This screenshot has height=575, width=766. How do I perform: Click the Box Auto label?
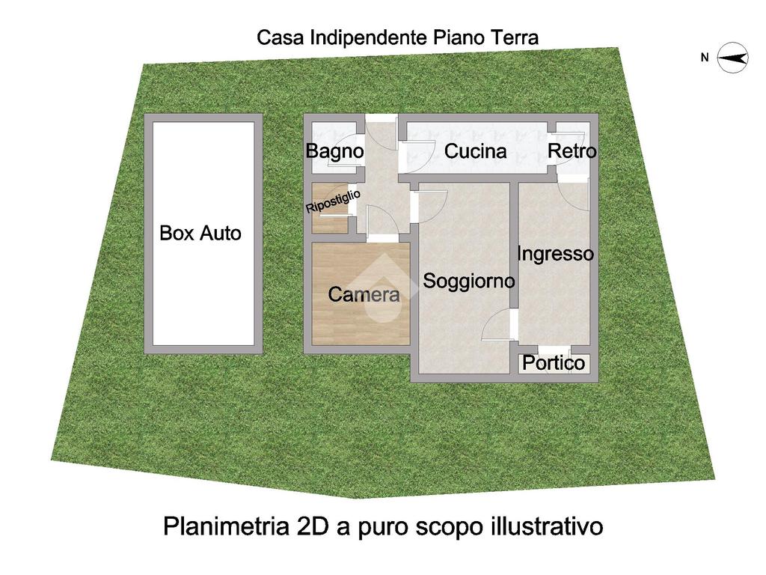tap(200, 233)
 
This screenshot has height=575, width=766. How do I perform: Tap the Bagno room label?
tap(334, 151)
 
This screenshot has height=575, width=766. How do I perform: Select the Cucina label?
tap(475, 151)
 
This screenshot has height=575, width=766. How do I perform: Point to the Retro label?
tap(572, 151)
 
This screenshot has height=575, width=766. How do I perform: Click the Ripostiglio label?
tap(333, 201)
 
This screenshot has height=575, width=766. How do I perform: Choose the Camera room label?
tap(364, 293)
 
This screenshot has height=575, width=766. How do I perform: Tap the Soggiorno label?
tap(468, 281)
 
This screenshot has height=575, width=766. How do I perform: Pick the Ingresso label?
tap(555, 254)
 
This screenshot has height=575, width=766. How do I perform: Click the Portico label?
tap(553, 363)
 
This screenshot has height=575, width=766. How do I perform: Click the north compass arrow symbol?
tap(732, 58)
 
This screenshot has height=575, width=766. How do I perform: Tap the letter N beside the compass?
tap(705, 58)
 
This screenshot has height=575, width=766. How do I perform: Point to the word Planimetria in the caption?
tap(227, 526)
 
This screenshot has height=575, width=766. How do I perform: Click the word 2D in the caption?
tap(314, 526)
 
